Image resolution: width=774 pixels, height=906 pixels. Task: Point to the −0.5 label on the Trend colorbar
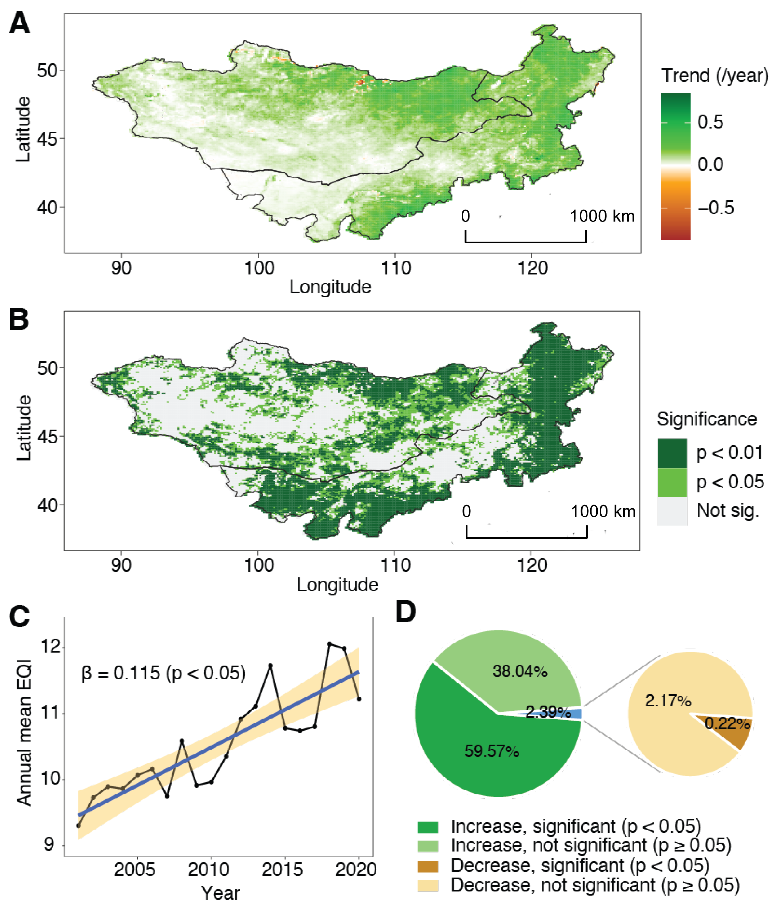click(716, 208)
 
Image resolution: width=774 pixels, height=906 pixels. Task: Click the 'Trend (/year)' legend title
click(715, 76)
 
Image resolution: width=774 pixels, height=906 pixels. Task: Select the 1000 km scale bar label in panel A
click(602, 216)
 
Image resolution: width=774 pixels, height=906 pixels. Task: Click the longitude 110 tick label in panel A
click(396, 268)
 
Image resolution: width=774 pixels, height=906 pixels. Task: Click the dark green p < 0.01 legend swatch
click(672, 453)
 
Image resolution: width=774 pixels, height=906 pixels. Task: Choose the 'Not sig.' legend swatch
click(672, 511)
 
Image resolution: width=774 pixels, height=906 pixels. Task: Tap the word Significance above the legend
click(707, 419)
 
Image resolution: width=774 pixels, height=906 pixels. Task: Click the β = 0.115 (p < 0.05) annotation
click(163, 673)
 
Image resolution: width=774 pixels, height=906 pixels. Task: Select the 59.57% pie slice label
click(492, 751)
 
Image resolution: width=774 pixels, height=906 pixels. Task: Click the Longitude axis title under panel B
click(337, 585)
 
